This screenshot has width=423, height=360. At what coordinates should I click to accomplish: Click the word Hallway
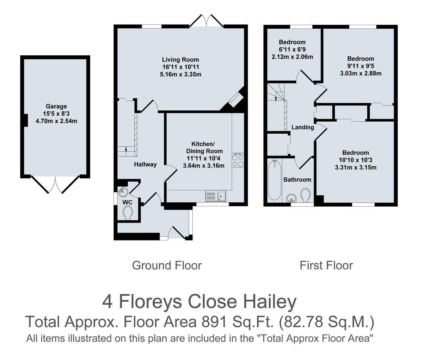click(145, 164)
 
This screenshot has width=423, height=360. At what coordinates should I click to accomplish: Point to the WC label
click(127, 202)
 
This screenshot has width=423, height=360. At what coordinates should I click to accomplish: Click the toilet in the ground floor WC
click(128, 213)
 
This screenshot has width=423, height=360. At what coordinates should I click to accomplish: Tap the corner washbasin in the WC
click(123, 191)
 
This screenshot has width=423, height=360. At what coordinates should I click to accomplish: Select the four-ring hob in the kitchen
click(238, 161)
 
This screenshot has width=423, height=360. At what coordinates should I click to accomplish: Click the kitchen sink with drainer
click(215, 196)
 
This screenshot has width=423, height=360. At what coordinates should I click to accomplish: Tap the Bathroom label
click(298, 180)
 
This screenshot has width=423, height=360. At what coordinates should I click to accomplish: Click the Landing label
click(303, 127)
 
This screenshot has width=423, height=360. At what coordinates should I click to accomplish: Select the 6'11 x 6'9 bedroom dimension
click(292, 49)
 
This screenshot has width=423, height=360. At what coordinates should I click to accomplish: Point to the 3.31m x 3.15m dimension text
click(356, 167)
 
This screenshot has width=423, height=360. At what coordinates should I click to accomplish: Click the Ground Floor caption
click(167, 266)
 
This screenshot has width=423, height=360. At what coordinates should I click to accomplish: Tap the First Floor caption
click(326, 266)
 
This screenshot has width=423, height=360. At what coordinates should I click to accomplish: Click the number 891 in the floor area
click(214, 322)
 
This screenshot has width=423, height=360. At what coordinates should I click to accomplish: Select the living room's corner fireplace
click(235, 100)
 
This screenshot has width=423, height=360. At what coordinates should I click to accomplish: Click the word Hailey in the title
click(270, 302)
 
